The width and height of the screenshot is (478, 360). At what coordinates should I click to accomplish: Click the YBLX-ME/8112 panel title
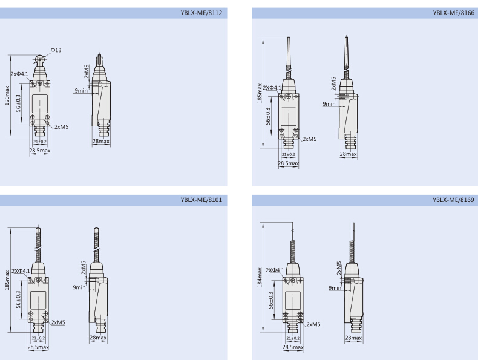coord(201,13)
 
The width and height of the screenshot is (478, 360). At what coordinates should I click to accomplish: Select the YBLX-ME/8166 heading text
coord(453,13)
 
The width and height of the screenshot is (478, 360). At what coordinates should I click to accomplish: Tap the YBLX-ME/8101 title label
coord(201,200)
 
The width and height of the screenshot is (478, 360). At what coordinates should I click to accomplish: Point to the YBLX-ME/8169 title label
coord(453,200)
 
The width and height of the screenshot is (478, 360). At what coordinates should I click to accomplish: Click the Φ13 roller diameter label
coord(56,50)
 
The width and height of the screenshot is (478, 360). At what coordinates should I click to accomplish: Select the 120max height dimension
coord(7,96)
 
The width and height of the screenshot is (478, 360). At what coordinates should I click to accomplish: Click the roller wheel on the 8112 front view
coord(39,59)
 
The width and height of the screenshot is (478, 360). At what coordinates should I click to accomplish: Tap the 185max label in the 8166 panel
coord(260,93)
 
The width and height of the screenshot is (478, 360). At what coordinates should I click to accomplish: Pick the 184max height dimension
coord(260,277)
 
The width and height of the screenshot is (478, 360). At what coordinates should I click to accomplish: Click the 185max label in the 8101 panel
coord(7,280)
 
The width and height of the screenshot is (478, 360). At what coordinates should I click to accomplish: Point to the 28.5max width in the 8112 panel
coord(39,151)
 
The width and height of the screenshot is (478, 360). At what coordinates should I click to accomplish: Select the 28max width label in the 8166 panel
coord(348,154)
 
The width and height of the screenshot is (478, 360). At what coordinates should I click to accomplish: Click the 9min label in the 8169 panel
coord(335,288)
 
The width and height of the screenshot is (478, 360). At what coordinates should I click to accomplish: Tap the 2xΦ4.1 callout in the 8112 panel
coord(19,74)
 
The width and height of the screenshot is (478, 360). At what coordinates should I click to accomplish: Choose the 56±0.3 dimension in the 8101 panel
coord(18,299)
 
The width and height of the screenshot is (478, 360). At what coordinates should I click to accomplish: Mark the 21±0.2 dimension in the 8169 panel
coord(293,338)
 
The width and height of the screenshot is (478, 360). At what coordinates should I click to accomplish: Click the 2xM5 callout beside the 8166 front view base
coord(310,139)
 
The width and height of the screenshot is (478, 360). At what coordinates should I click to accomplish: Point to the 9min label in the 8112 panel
coord(81,91)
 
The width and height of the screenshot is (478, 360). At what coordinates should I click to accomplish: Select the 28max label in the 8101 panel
coord(98,338)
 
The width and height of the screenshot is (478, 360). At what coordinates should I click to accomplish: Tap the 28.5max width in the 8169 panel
coord(293,347)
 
